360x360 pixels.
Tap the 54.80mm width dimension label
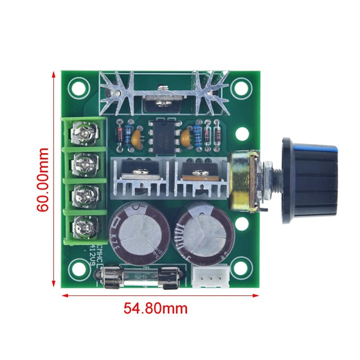click(155, 309)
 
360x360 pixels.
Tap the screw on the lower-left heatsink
click(137, 171)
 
